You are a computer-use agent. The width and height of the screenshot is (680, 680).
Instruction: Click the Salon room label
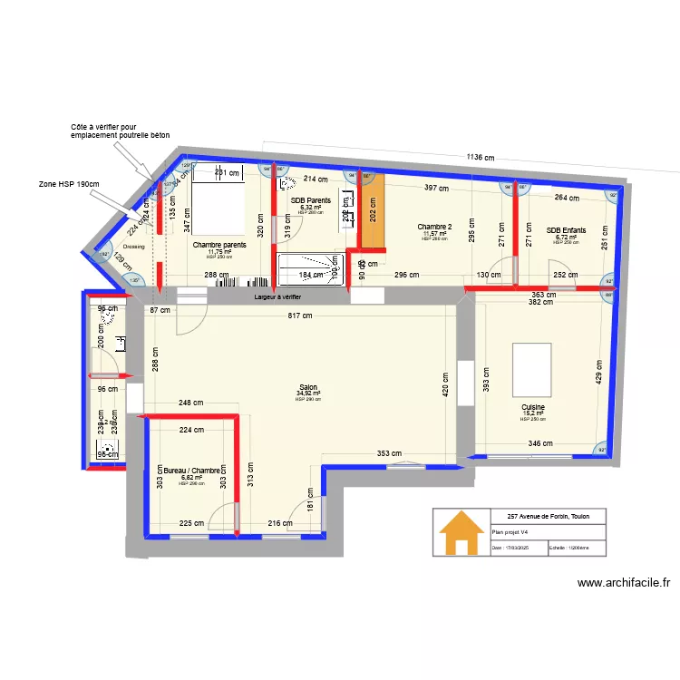coord(308,385)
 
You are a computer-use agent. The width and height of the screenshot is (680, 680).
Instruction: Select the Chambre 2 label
coord(434,227)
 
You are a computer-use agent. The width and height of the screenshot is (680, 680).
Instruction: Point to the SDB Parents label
coord(310,200)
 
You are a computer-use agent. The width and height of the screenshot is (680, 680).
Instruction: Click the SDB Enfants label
coord(566,230)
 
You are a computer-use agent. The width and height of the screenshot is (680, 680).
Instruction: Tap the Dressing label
coord(134,246)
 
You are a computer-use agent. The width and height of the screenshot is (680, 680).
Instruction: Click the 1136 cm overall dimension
coord(481,157)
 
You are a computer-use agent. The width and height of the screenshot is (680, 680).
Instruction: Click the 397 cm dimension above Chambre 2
coord(437,188)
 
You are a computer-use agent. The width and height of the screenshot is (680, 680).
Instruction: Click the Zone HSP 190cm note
coord(68,184)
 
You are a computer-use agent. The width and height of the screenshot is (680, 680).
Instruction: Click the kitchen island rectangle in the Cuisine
coord(532,367)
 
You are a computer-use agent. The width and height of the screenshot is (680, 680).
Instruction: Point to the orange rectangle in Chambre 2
coord(373,210)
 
